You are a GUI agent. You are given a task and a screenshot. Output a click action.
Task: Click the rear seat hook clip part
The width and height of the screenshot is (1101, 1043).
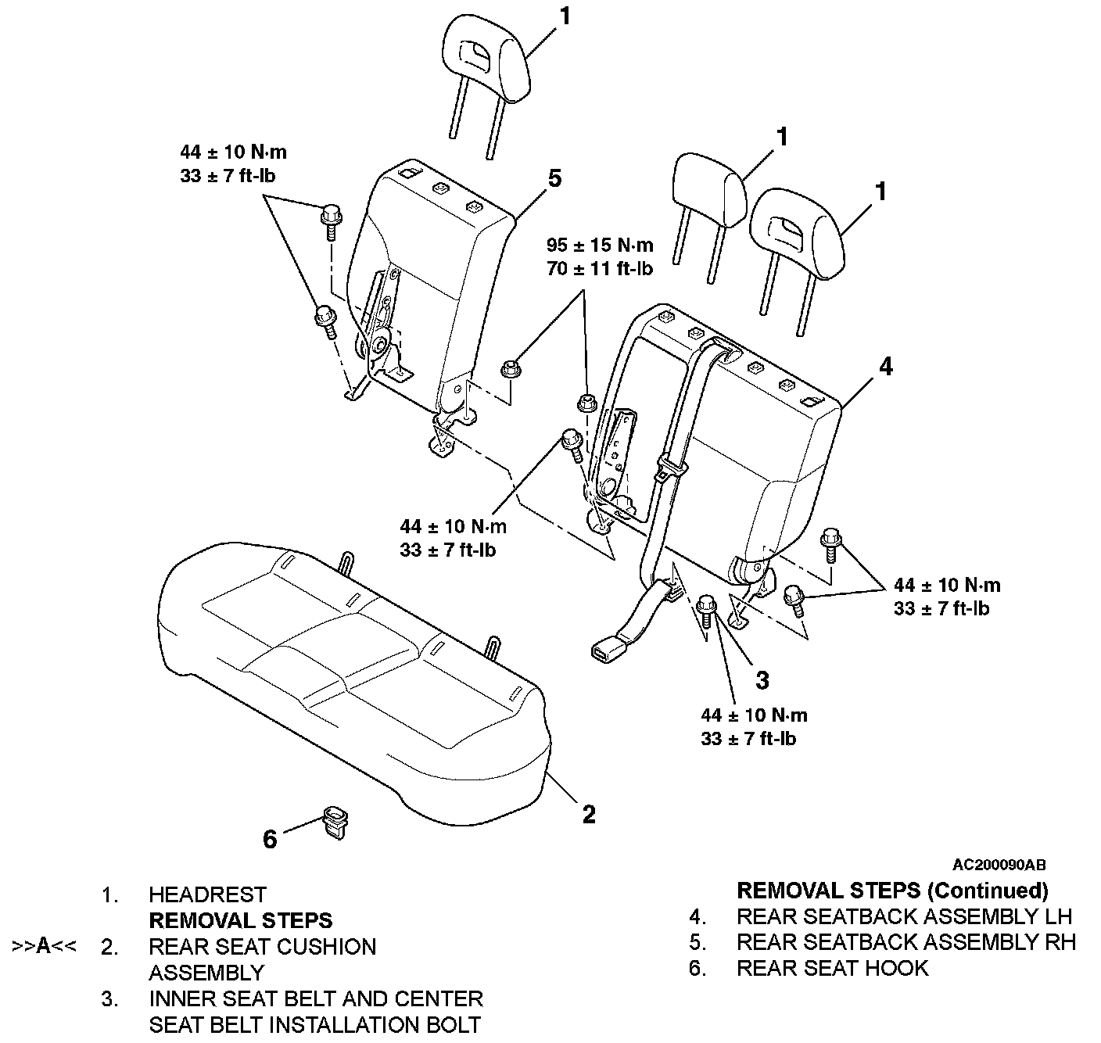point(335,823)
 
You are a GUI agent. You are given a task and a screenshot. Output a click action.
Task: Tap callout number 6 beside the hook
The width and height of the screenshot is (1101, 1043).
point(270,839)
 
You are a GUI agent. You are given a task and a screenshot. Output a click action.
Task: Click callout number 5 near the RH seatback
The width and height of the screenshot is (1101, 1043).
point(554,178)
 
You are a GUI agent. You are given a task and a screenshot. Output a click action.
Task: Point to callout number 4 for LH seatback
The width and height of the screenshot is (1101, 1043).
point(885,367)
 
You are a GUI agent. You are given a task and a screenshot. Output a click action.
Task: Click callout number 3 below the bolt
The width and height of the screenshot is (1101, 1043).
point(762,680)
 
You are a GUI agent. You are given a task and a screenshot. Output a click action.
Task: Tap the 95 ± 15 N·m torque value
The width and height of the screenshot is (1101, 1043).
point(600,245)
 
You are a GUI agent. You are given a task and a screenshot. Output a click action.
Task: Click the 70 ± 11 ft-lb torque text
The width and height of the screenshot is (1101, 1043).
point(600,269)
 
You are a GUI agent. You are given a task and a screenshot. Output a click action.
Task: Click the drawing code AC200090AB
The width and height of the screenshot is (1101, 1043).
point(999,865)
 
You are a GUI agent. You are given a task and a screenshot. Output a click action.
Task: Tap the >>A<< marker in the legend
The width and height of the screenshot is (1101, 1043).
point(45,946)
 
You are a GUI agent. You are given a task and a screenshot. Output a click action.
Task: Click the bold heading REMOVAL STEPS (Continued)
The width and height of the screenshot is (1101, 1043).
point(893,890)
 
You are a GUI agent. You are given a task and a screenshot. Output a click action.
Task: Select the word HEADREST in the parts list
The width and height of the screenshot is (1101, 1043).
point(208,894)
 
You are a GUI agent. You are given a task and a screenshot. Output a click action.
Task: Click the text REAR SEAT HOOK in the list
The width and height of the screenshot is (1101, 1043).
point(832,968)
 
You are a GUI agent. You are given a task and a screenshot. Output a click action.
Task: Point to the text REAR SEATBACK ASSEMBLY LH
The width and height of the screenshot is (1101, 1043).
point(905,916)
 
